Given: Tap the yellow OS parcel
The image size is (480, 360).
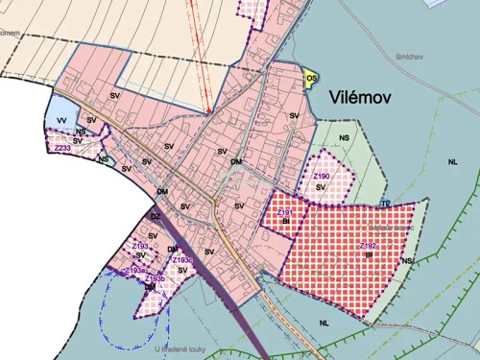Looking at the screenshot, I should (311, 78).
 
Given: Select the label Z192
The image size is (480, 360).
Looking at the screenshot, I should (368, 247).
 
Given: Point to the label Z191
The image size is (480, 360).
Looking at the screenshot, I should (284, 212).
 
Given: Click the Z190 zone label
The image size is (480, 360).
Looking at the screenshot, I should (322, 177).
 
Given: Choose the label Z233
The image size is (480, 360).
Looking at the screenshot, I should (62, 149).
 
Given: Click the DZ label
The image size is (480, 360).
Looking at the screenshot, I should (156, 217).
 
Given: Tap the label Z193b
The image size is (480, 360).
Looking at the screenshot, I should (156, 278).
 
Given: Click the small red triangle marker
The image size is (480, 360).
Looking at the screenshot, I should (208, 111).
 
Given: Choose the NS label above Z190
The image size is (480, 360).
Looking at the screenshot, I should (345, 138).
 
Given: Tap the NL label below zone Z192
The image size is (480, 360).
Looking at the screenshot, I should (325, 323).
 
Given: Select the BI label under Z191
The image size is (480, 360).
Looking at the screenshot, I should (285, 221).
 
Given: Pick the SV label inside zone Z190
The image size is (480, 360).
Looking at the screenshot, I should (321, 188).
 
